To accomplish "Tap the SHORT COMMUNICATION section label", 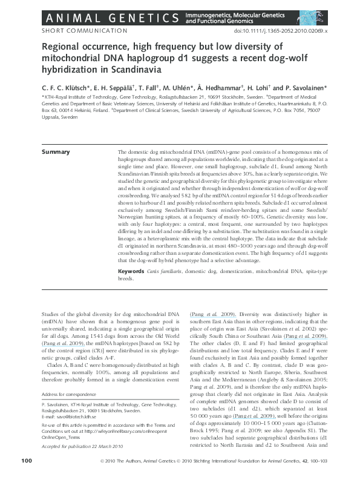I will (84, 30).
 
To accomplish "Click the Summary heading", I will (55, 151).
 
